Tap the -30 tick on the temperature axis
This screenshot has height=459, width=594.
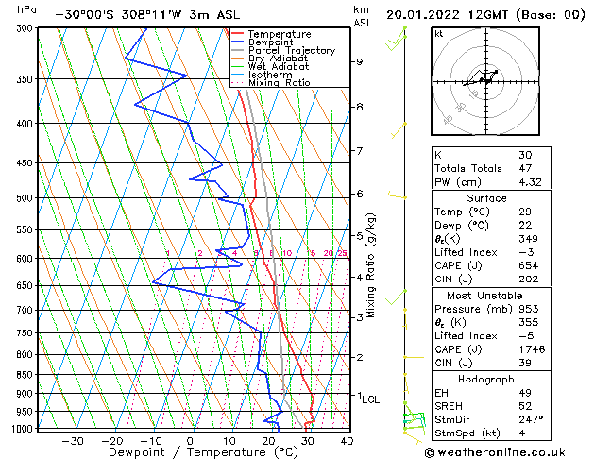click(x=73, y=440)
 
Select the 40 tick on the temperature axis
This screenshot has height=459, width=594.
click(x=346, y=440)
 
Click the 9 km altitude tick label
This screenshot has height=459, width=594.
click(x=360, y=61)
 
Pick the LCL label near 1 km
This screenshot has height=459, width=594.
click(x=371, y=399)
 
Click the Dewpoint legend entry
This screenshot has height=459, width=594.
click(x=268, y=42)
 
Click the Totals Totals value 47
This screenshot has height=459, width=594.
click(x=525, y=168)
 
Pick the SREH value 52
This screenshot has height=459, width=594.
click(x=525, y=406)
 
